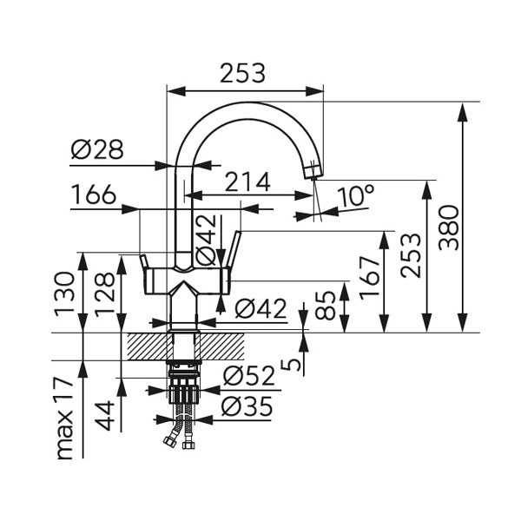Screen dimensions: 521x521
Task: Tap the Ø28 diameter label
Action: [97, 151]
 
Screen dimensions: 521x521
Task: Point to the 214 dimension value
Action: [247, 182]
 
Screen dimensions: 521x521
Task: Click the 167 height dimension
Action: [371, 277]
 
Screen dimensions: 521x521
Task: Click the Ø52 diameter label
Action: [248, 376]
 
